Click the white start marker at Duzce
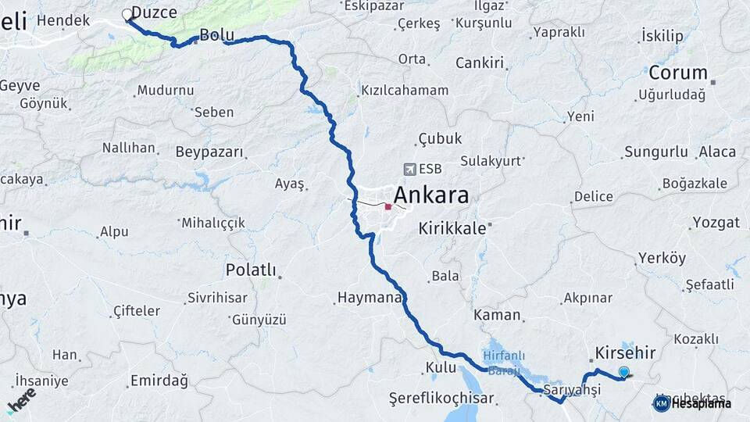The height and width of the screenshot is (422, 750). click(x=127, y=14)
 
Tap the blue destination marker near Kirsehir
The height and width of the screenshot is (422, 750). click(x=623, y=371)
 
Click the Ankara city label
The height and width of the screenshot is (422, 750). click(x=431, y=195)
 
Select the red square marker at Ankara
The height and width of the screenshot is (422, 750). click(x=388, y=207)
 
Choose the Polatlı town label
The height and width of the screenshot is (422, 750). click(x=251, y=270)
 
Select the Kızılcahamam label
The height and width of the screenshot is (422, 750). click(x=405, y=91)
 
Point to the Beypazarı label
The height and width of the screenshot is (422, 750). click(x=209, y=152)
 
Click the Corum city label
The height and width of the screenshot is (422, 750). click(x=680, y=73)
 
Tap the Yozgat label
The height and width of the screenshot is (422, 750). click(x=716, y=223)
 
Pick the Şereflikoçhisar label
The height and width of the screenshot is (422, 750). click(x=441, y=399)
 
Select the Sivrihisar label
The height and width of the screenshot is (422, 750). click(x=217, y=298)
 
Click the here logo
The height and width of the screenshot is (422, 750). click(x=21, y=399)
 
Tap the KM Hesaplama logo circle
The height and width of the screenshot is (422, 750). click(x=661, y=403)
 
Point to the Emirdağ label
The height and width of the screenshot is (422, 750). click(x=159, y=381)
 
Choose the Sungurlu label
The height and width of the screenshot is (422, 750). click(x=656, y=152)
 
